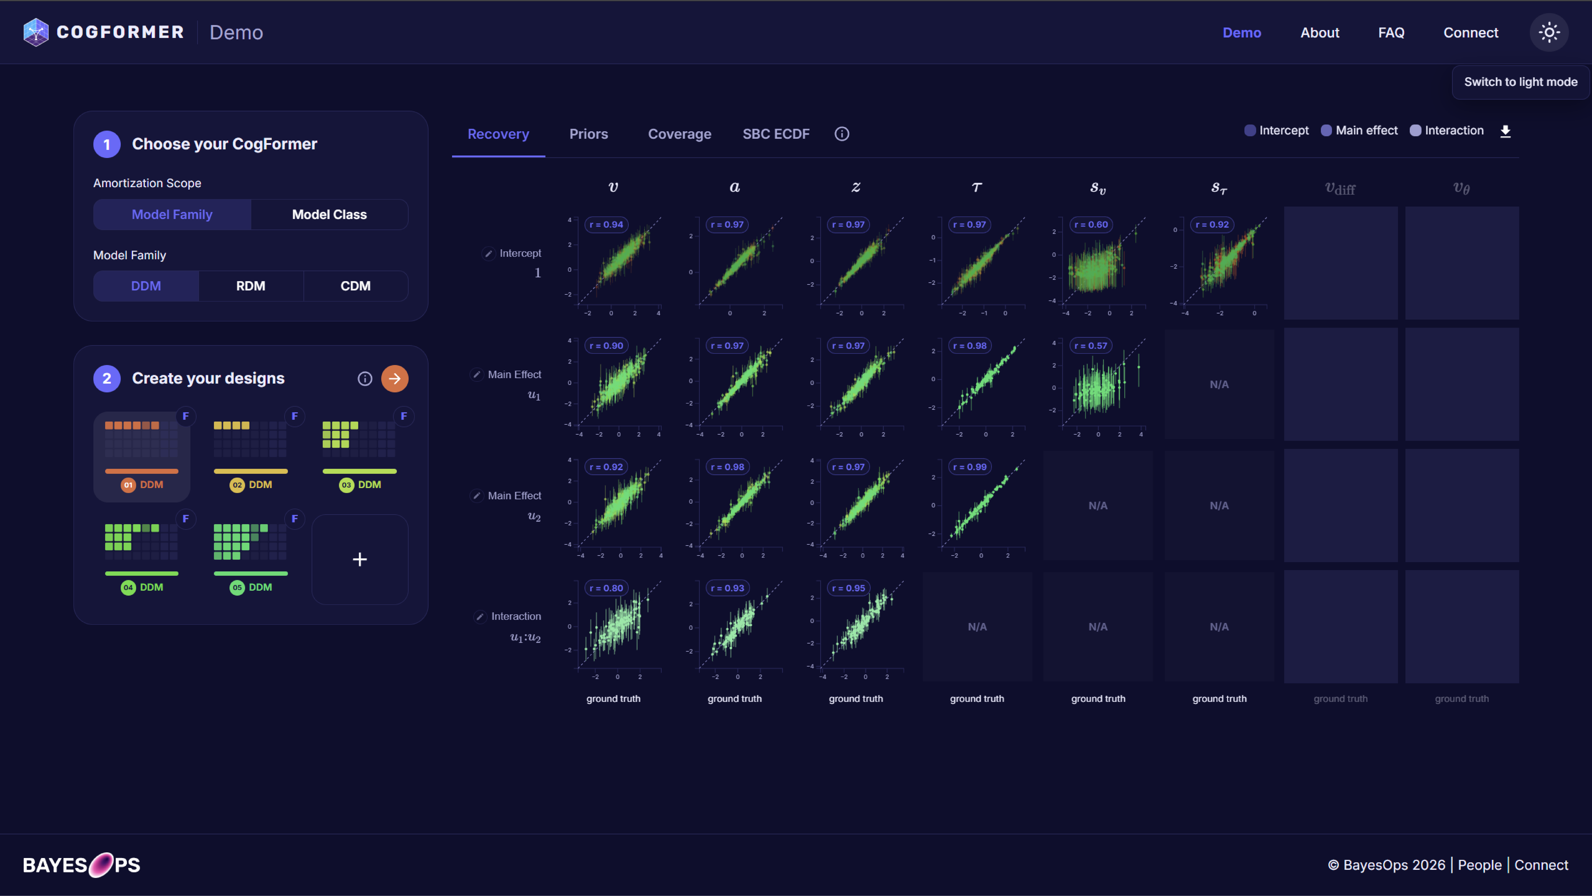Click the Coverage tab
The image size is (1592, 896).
(679, 134)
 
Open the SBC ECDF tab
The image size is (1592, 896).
(776, 134)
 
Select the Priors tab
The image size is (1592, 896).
(588, 134)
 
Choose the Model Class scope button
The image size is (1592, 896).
(329, 214)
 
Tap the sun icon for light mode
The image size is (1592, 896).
(1549, 32)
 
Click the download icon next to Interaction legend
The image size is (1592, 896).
(1505, 131)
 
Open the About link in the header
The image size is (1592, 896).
(1320, 33)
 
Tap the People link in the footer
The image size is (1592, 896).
(1480, 865)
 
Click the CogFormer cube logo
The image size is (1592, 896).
(36, 32)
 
